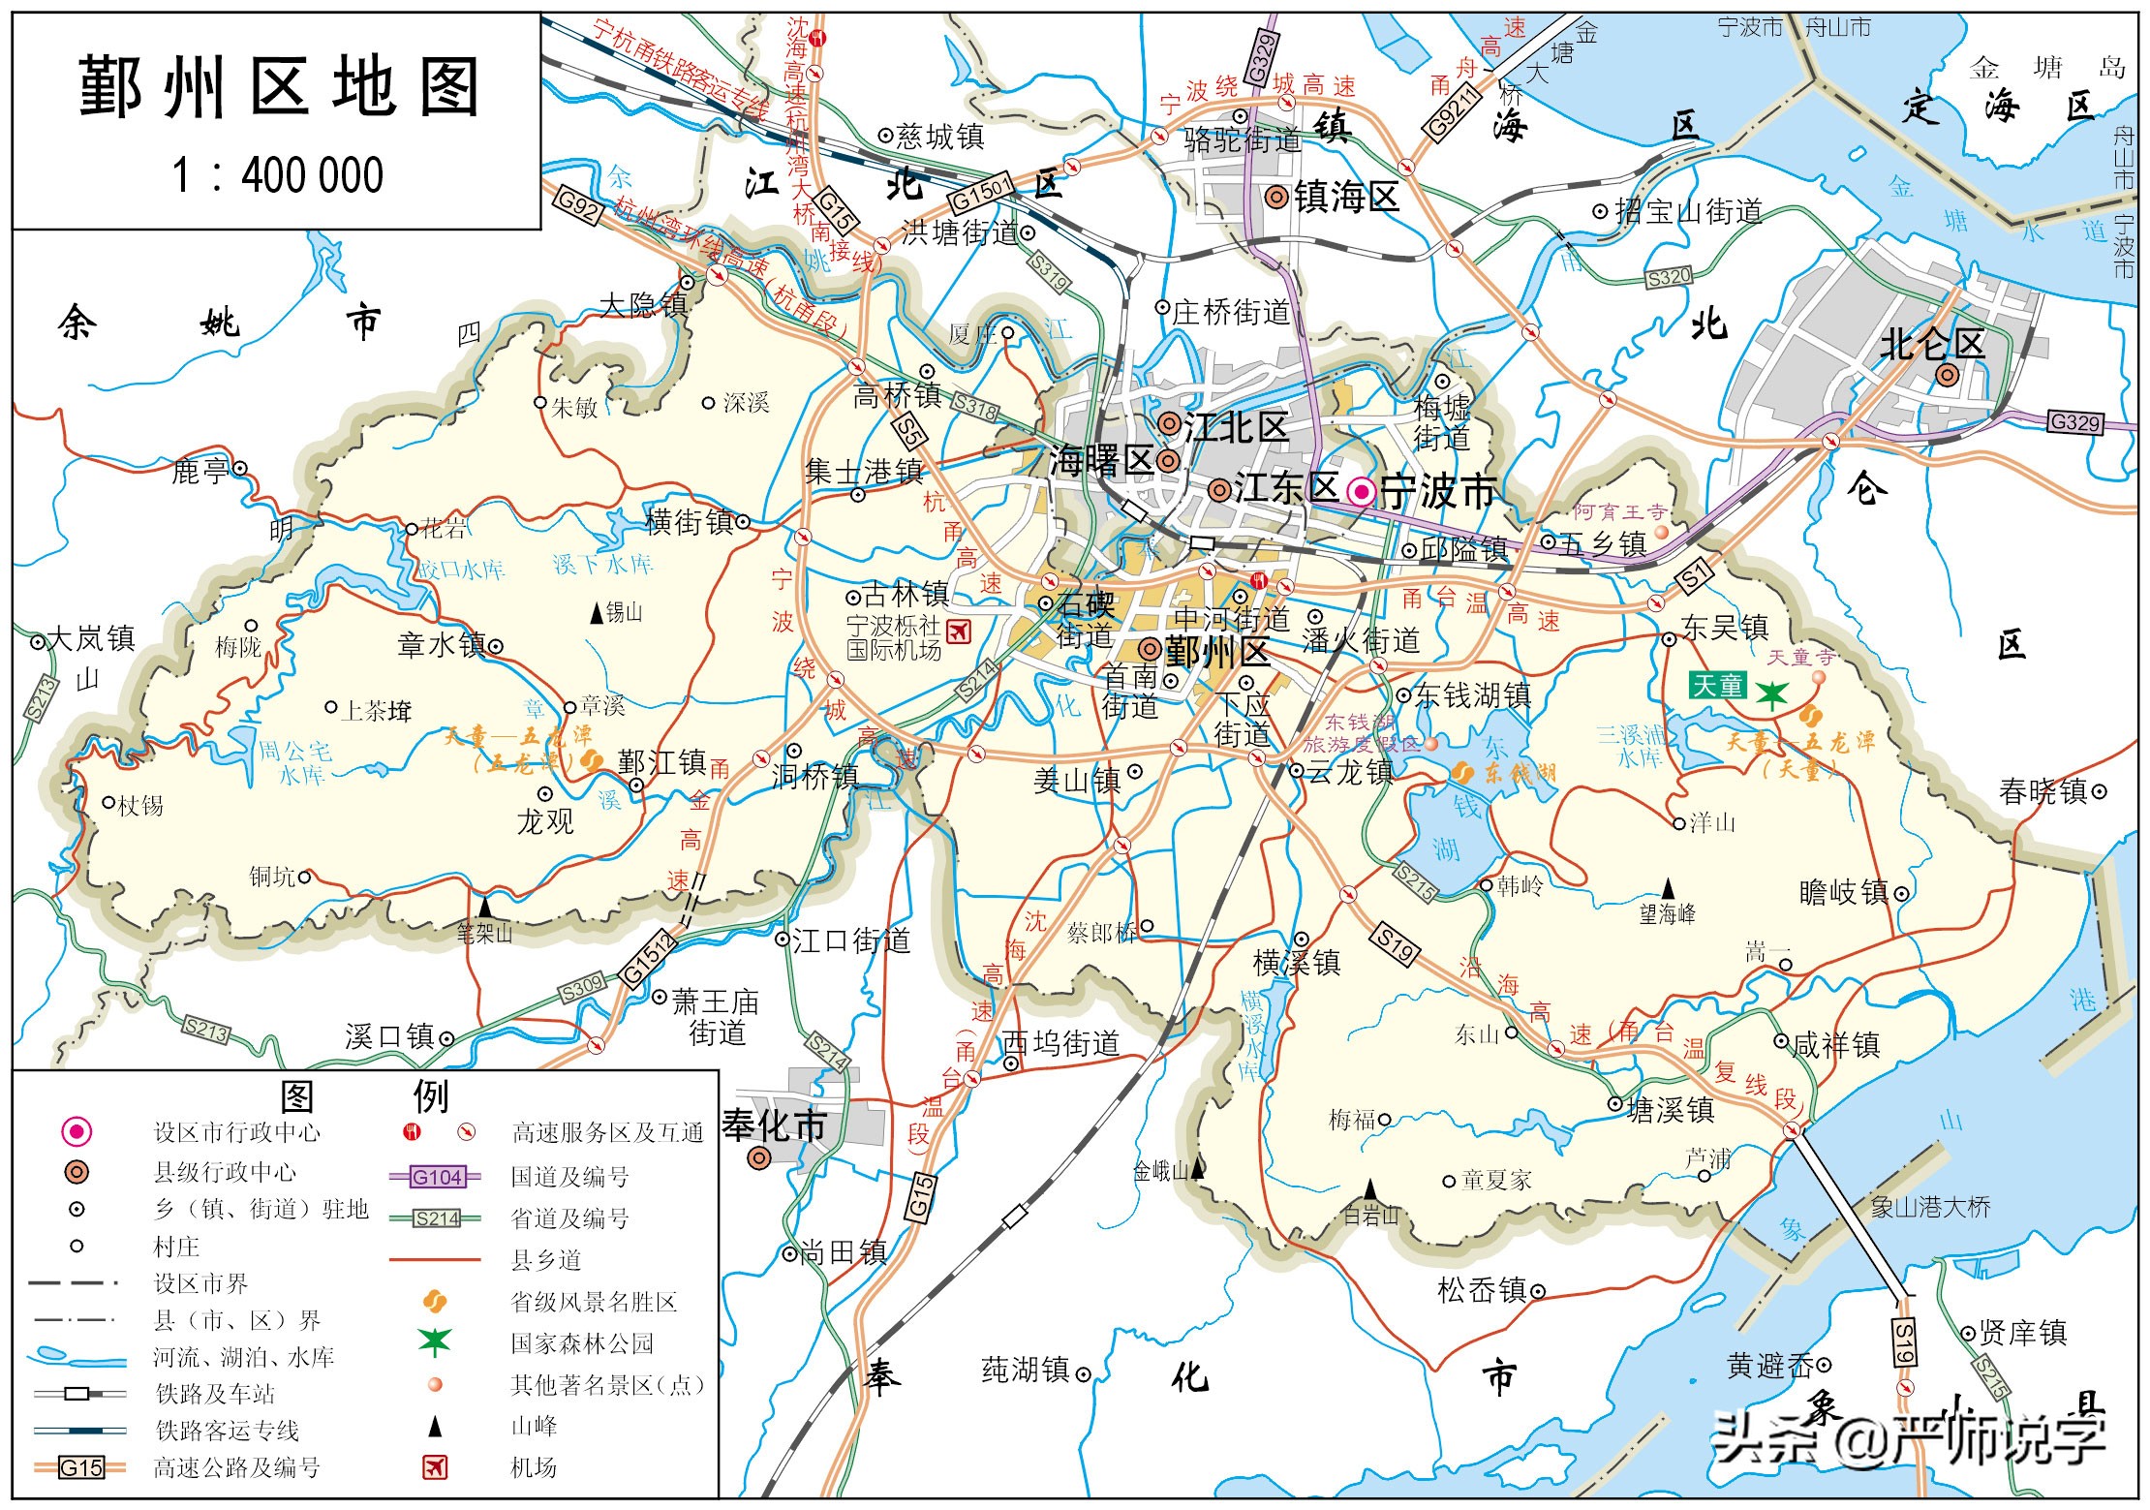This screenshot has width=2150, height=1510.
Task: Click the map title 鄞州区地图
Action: click(x=278, y=87)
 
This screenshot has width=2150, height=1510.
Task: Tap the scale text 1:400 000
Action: click(x=278, y=176)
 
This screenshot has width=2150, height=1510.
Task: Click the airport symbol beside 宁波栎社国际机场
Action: click(x=958, y=631)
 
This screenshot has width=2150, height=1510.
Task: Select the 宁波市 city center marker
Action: click(x=1362, y=492)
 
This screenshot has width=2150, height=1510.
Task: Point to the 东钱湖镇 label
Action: click(x=1472, y=694)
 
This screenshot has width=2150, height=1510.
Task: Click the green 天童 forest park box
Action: click(x=1717, y=686)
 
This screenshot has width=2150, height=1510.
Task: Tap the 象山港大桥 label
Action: click(x=1930, y=1207)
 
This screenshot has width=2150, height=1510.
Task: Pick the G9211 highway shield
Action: click(x=1454, y=109)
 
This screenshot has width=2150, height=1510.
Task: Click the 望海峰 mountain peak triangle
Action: click(x=1668, y=888)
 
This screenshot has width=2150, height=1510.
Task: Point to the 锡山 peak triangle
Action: click(x=596, y=612)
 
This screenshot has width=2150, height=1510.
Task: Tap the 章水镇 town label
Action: click(x=442, y=645)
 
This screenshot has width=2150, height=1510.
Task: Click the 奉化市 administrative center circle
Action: click(x=761, y=1158)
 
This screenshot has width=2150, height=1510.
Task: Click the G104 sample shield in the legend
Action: click(x=437, y=1177)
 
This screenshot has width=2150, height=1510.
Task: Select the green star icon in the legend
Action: click(x=435, y=1341)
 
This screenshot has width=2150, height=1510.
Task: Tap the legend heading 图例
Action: click(x=364, y=1097)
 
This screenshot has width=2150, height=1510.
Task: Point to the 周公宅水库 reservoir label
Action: click(x=295, y=763)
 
